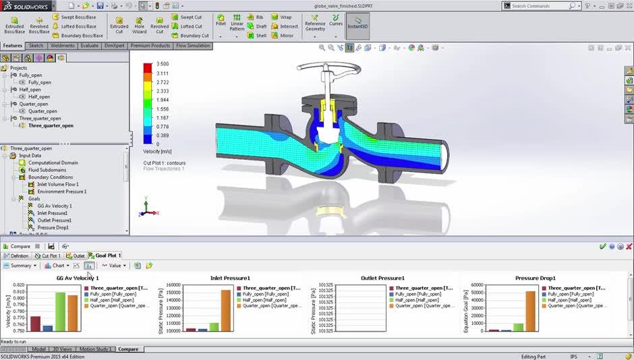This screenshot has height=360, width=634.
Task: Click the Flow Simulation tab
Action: click(x=192, y=46)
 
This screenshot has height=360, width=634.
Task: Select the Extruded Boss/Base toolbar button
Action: click(x=14, y=25)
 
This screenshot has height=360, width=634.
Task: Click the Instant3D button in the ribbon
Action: click(x=357, y=26)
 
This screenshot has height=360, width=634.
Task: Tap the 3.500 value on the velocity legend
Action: click(x=162, y=64)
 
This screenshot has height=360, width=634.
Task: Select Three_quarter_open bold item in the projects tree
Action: click(x=51, y=125)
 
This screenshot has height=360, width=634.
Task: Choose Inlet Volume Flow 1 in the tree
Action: click(x=57, y=184)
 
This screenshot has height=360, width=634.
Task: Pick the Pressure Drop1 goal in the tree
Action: click(x=53, y=228)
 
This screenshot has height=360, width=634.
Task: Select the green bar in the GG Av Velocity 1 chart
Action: click(x=60, y=312)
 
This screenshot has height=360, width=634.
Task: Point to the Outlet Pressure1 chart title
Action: click(x=382, y=278)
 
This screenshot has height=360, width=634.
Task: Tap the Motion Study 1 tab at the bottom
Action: click(x=95, y=349)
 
